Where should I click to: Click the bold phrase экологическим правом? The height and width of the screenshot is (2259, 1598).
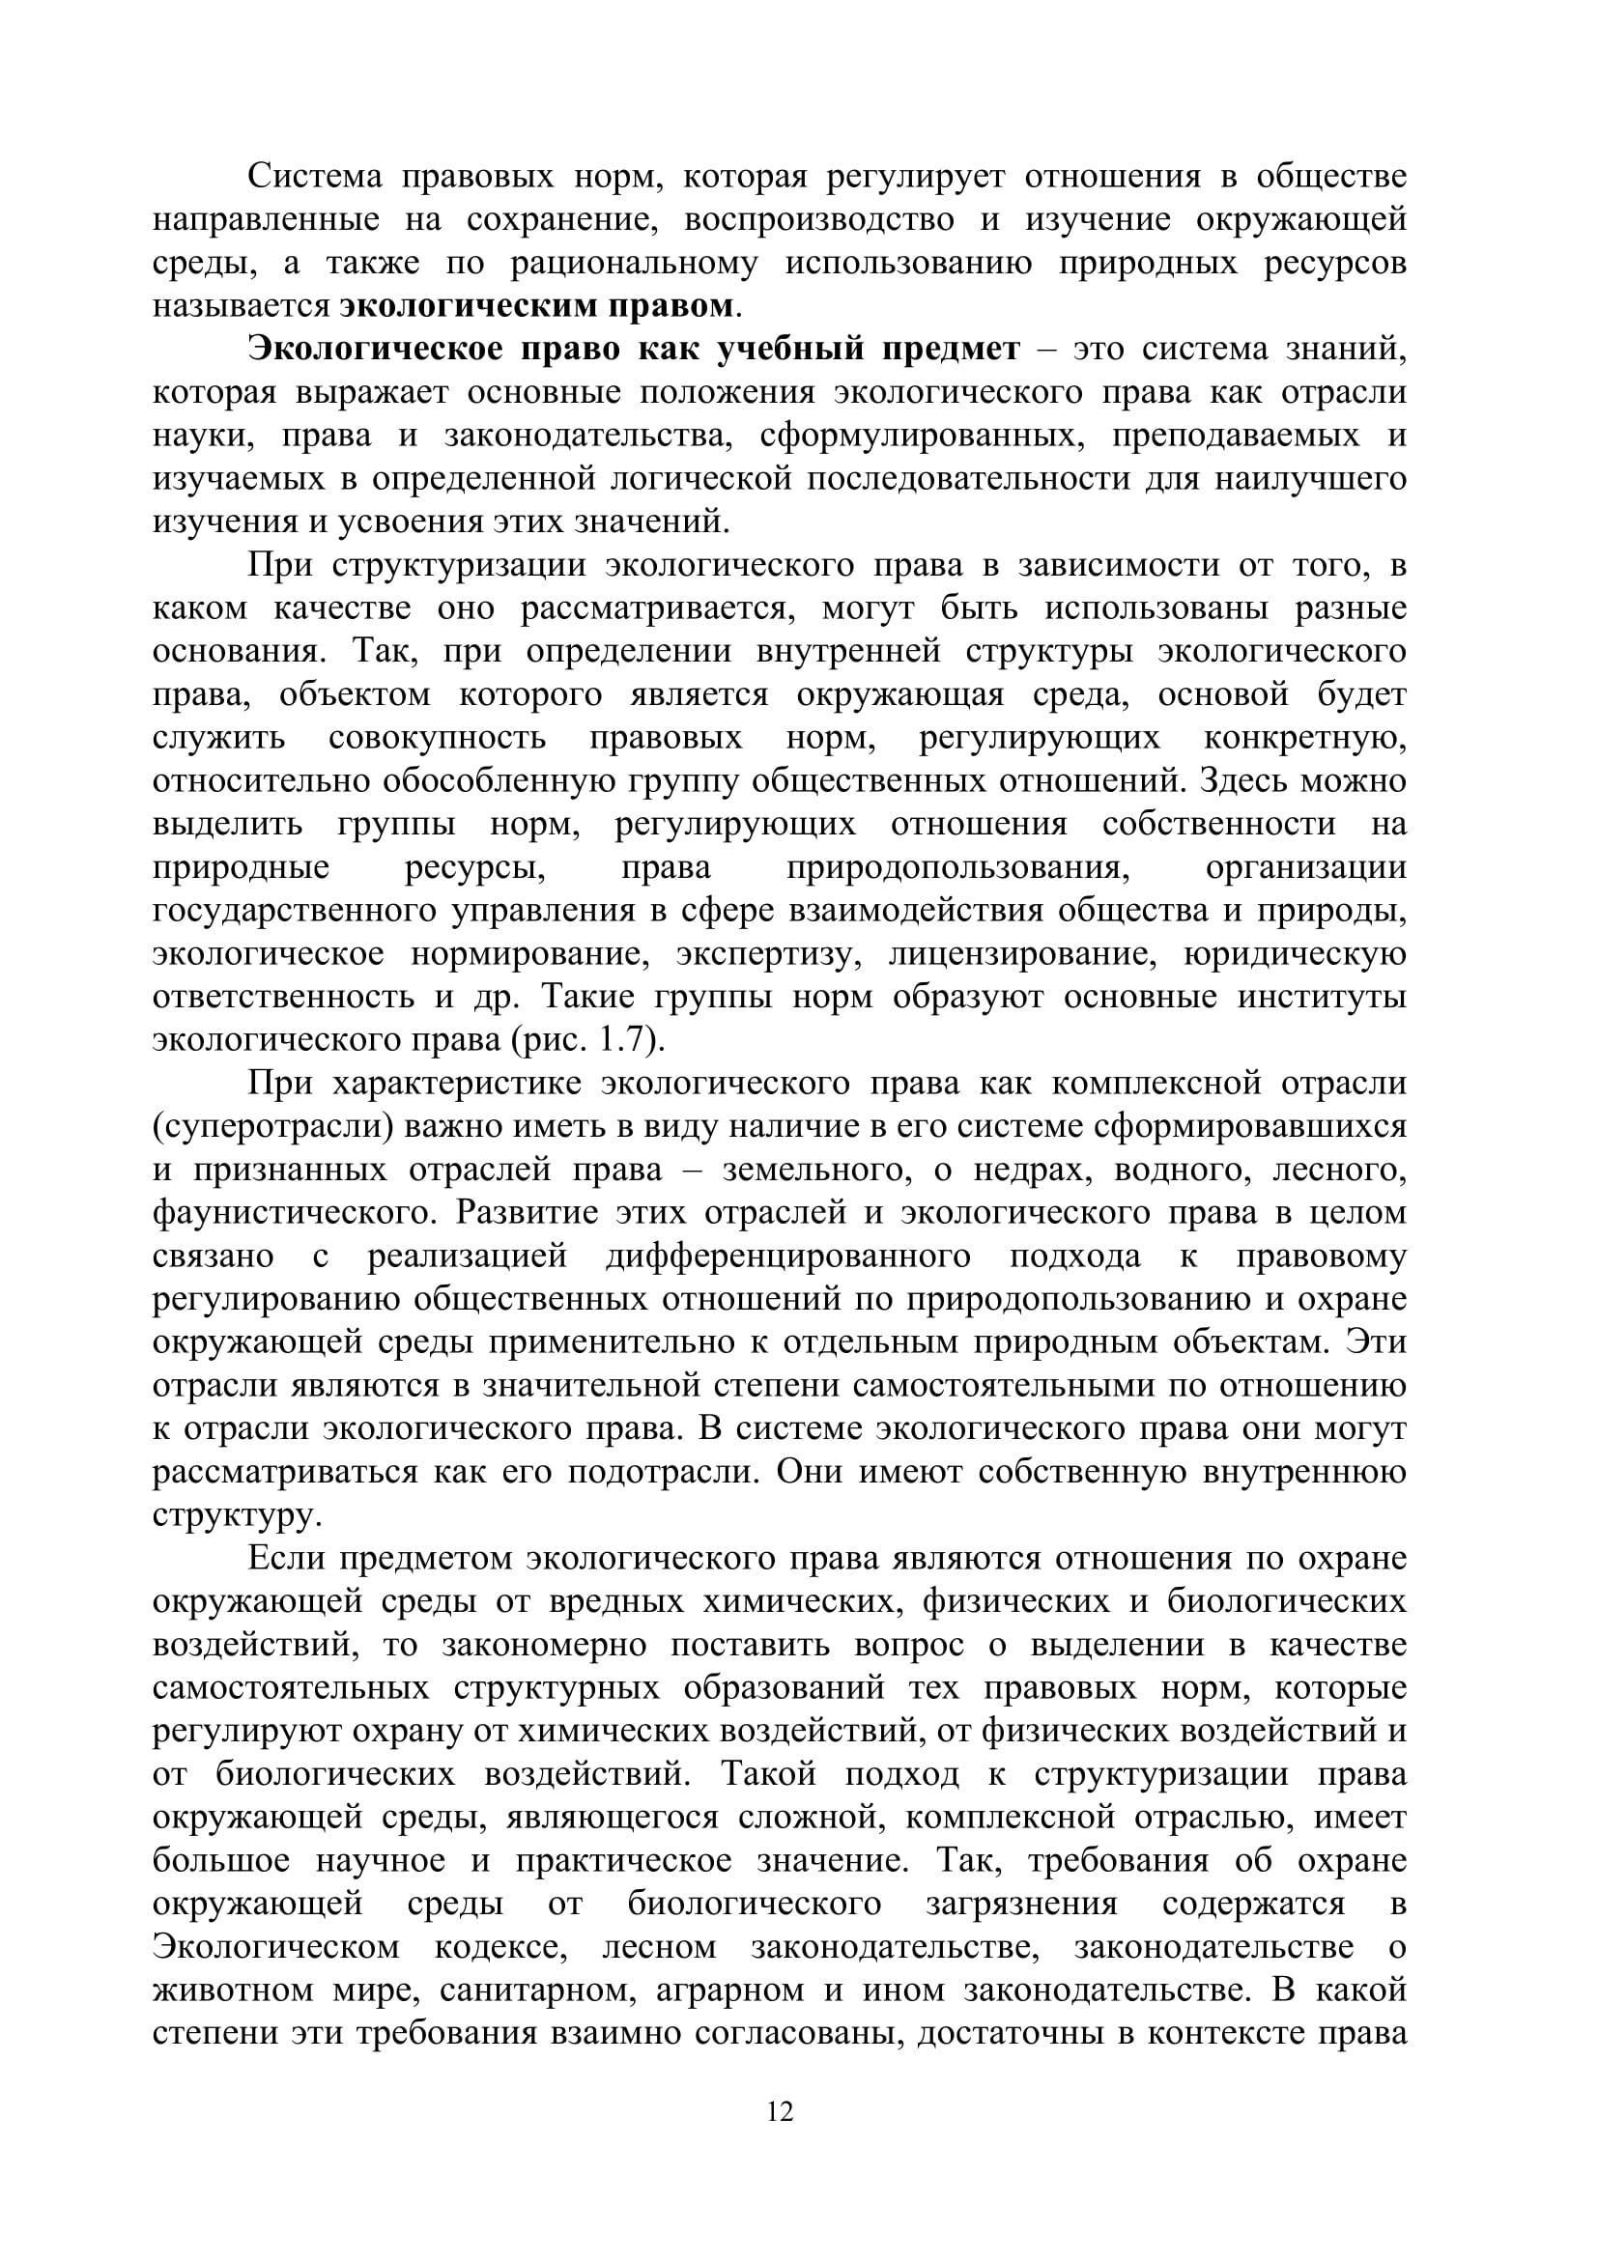click(x=536, y=306)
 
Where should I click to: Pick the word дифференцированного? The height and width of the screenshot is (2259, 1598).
click(x=787, y=1257)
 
